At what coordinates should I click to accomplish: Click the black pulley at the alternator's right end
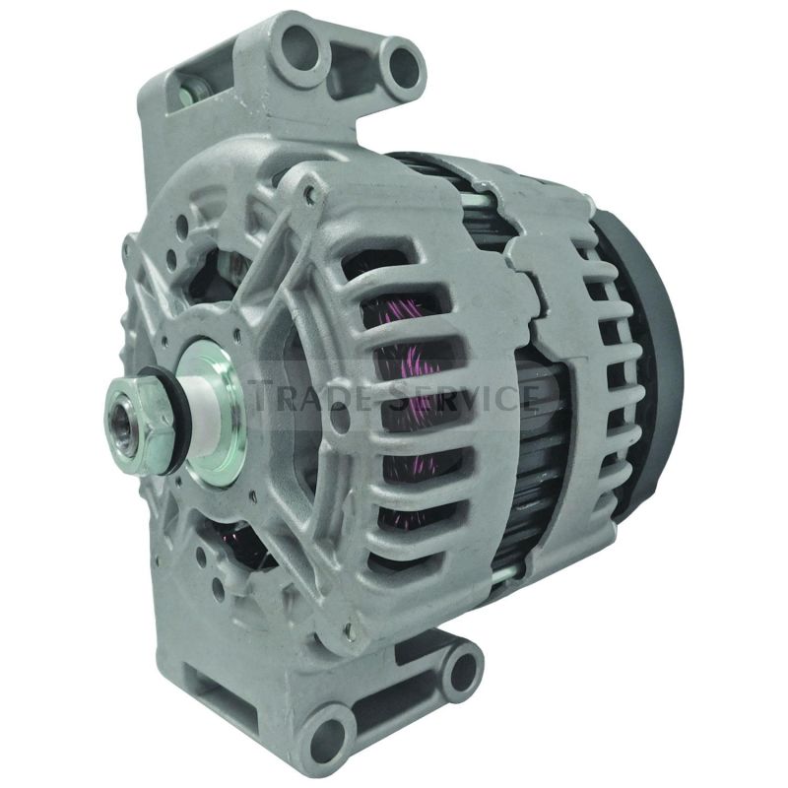(656, 355)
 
